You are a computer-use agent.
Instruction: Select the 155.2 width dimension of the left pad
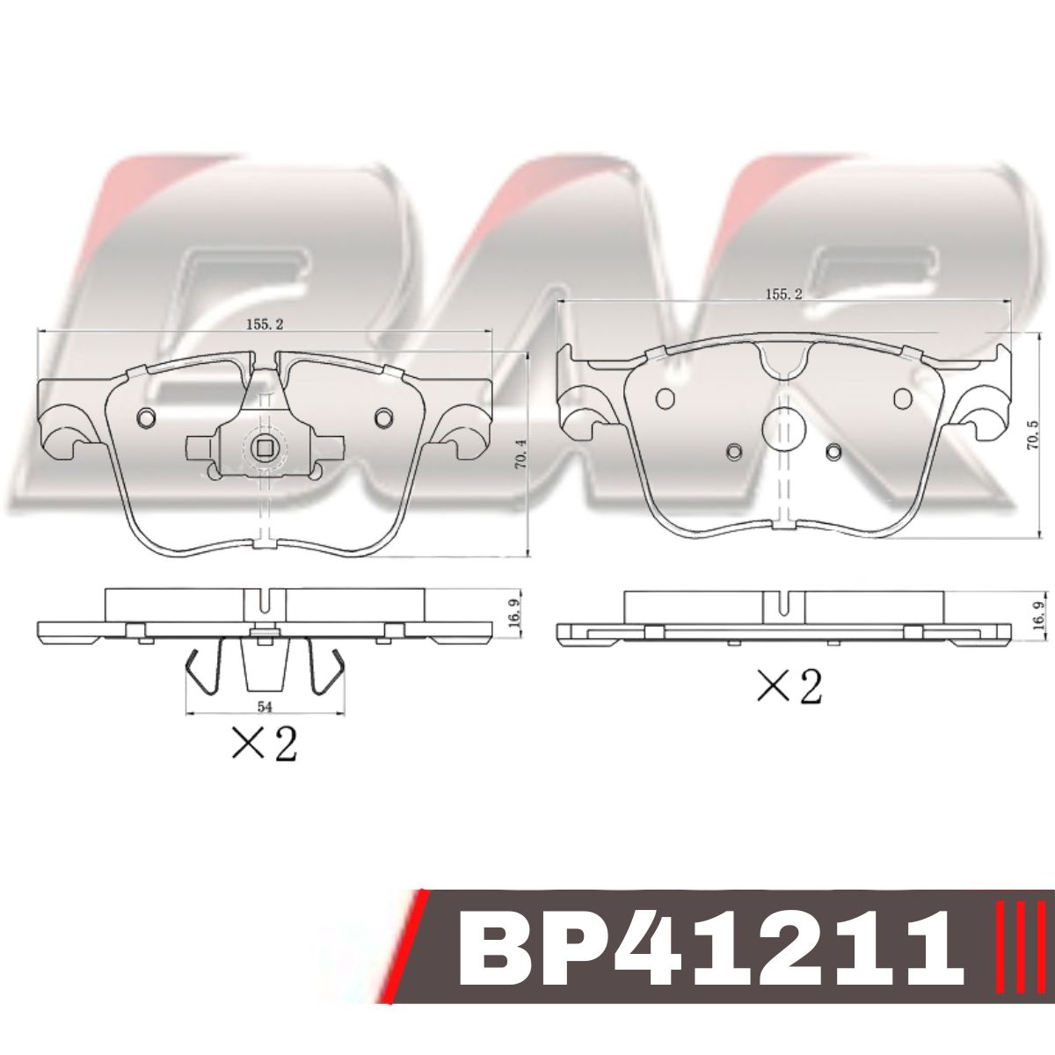coord(265,324)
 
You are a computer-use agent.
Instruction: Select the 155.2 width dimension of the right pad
coord(784,294)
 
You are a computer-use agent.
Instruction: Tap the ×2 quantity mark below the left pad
coord(264,743)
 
